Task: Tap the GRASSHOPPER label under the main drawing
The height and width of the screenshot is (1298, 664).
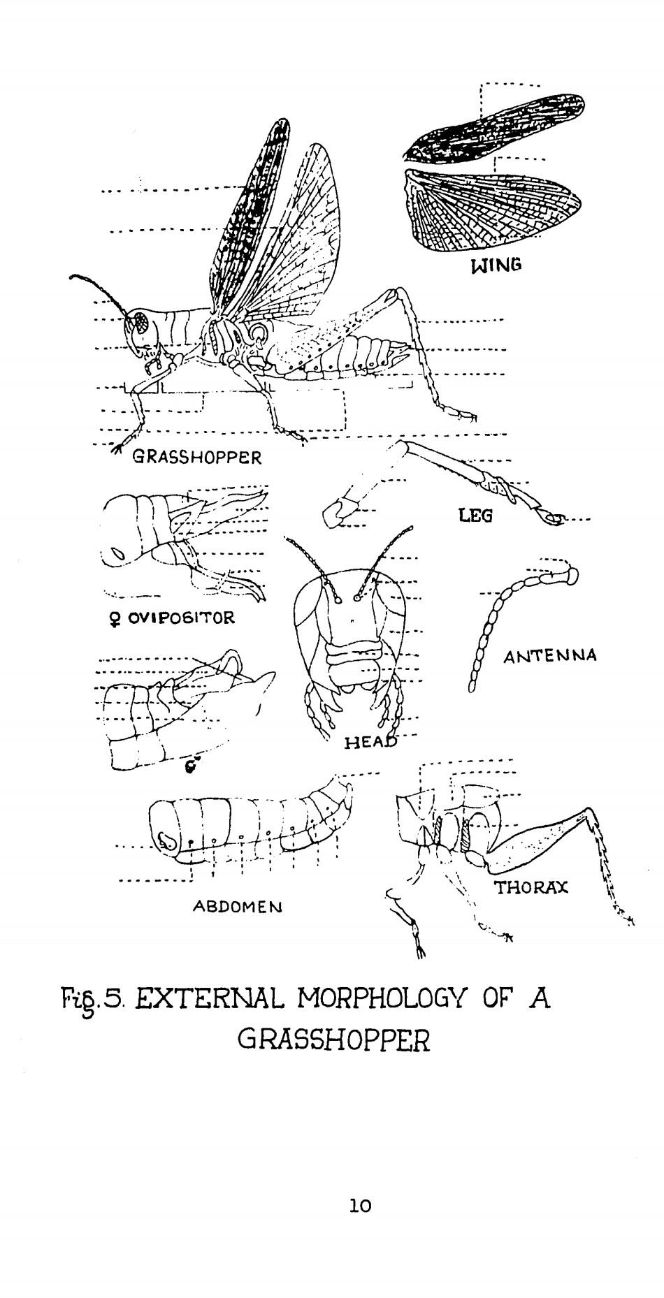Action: pos(197,458)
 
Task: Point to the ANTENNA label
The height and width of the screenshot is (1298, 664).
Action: pos(550,656)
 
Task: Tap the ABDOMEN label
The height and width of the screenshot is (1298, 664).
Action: pos(237,907)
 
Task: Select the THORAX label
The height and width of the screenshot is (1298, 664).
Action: pos(531,888)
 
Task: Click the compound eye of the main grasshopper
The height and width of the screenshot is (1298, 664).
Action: pos(142,322)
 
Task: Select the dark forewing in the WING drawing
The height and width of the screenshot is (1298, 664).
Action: pos(489,129)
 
